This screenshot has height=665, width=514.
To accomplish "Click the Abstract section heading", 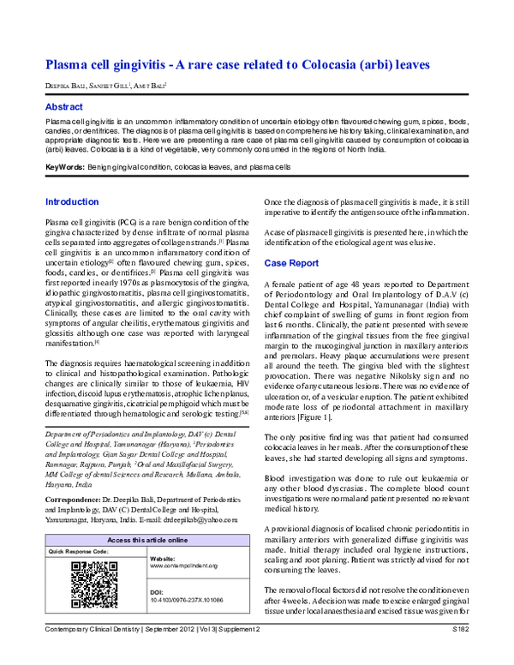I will click(64, 107).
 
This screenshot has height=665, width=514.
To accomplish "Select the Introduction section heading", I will click(72, 202).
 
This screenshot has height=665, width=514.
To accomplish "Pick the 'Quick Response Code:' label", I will click(77, 551).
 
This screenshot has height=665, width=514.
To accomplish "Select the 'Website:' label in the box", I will click(162, 558).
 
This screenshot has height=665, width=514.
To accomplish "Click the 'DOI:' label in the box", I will click(157, 591).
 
